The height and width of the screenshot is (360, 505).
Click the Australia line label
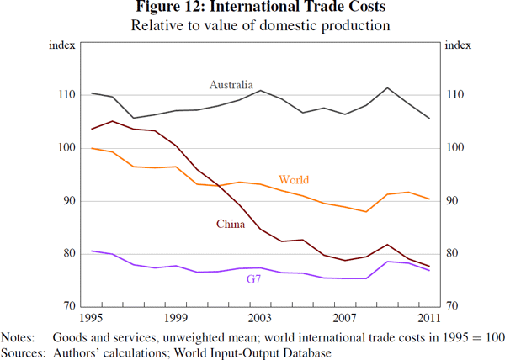tap(231, 84)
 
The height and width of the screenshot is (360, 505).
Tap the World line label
tap(293, 180)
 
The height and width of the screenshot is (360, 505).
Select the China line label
tap(231, 224)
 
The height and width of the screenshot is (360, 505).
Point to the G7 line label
tap(253, 278)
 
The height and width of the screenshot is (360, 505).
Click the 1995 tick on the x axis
tap(92, 319)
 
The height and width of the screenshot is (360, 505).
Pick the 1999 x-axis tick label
tap(176, 319)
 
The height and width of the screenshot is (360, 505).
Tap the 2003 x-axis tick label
tap(260, 319)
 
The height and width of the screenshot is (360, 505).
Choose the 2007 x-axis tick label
tap(344, 319)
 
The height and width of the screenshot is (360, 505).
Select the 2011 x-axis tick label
tap(428, 319)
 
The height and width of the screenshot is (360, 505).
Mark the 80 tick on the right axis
tap(452, 254)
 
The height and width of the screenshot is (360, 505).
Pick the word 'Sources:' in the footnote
tap(21, 352)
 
